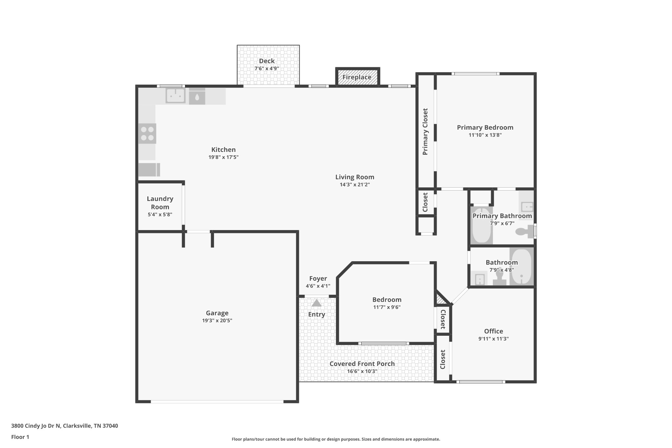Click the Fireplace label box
357,77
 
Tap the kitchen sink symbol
176,96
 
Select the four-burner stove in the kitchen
147,134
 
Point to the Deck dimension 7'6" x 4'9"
267,69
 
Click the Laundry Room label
160,203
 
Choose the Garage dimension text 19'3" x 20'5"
217,321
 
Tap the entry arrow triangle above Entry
316,303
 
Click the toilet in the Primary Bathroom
525,232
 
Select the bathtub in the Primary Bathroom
482,225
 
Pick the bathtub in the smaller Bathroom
521,267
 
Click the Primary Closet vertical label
425,132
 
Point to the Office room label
493,331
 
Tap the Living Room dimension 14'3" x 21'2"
355,185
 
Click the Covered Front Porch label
362,364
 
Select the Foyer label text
318,279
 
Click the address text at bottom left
65,426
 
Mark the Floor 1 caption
20,437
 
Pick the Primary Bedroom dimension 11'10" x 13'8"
485,135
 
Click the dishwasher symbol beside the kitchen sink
197,96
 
